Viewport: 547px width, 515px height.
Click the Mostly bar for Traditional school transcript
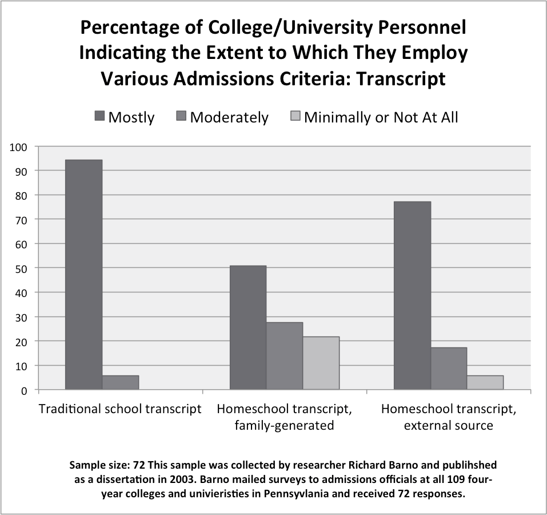point(83,275)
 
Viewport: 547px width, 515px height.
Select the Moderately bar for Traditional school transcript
point(120,382)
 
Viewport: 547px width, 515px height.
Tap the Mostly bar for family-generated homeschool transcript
point(247,327)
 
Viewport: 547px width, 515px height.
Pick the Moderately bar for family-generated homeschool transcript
point(284,356)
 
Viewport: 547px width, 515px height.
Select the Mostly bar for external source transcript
point(412,295)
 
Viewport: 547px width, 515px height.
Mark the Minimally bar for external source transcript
point(485,382)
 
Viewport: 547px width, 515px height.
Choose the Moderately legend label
point(229,117)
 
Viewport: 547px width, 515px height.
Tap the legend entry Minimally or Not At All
point(381,117)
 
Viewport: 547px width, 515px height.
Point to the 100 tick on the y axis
point(19,146)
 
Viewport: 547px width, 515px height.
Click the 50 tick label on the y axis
point(21,268)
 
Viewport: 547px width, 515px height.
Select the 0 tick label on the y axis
point(24,390)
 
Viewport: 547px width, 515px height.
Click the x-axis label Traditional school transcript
point(119,409)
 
